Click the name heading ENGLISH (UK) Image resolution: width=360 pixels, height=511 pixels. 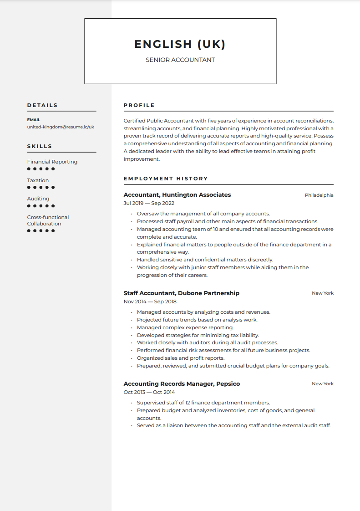coord(180,44)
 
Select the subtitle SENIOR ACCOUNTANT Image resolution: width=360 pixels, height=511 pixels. coord(180,60)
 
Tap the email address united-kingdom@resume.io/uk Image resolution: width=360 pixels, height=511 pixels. coord(61,127)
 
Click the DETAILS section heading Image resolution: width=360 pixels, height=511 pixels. coord(42,105)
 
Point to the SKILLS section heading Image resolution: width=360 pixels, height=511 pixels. coord(40,146)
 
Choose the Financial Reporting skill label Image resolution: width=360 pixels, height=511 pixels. coord(52,162)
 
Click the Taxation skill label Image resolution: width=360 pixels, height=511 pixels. coord(38,180)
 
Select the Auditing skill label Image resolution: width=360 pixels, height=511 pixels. coord(38,199)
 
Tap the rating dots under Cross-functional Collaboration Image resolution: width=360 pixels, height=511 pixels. coord(41,231)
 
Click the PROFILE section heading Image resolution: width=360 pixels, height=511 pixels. coord(139,105)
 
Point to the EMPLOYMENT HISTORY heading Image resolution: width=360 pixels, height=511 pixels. coord(166,179)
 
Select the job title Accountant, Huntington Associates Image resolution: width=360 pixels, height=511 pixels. coord(177,195)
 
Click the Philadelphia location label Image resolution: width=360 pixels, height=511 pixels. coord(319,195)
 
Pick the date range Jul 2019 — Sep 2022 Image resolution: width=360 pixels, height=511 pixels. coord(149,203)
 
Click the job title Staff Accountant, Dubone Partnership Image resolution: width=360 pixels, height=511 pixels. coord(181,293)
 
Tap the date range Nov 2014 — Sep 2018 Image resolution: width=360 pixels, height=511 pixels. coord(150,301)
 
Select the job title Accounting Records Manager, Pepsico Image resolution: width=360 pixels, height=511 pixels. coord(182,384)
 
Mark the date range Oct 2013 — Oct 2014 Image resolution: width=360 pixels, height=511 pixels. coord(149,392)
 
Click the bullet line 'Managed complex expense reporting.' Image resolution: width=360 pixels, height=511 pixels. coord(185,327)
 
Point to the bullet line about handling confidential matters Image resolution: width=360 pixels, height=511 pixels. coord(205,260)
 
